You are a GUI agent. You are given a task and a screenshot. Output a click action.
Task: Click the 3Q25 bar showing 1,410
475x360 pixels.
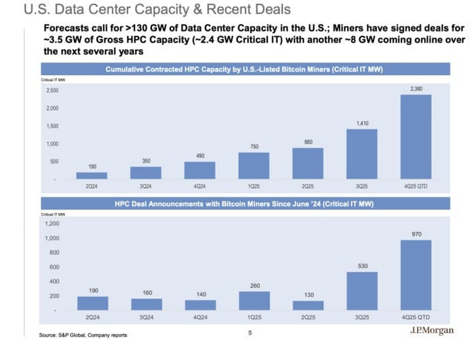[x=361, y=153]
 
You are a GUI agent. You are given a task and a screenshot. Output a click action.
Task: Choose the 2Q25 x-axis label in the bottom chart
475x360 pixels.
[x=308, y=319]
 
